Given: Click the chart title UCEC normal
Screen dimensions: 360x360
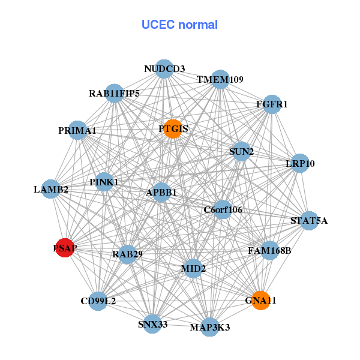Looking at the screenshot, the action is click(179, 25).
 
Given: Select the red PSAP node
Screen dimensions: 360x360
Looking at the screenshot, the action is click(65, 247).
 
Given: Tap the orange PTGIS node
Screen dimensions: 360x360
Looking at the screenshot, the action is click(173, 129).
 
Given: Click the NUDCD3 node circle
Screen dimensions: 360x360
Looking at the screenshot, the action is click(164, 69).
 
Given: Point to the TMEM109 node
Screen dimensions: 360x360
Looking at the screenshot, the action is click(220, 80).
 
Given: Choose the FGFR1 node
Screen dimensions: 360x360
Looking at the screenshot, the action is click(272, 104).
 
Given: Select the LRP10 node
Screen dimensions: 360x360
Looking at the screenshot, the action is click(300, 163).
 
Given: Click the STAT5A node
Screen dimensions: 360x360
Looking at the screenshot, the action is click(309, 220).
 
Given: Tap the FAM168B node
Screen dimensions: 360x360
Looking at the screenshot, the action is click(269, 250).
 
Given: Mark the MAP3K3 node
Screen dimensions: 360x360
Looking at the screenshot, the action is click(209, 327).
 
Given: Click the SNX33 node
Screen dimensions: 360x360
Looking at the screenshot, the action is click(152, 324).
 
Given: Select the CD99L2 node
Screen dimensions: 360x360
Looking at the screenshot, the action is click(98, 301).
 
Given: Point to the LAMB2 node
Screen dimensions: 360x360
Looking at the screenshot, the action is click(51, 189).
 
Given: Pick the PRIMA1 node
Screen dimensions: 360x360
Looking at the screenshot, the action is click(77, 130).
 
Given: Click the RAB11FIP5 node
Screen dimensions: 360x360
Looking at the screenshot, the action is click(115, 94).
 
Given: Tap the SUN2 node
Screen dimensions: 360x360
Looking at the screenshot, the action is click(241, 152).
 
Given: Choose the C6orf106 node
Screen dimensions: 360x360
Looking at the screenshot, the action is click(223, 209).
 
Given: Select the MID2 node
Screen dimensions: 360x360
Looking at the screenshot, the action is click(193, 268).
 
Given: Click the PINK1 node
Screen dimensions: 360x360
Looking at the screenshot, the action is click(104, 182).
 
